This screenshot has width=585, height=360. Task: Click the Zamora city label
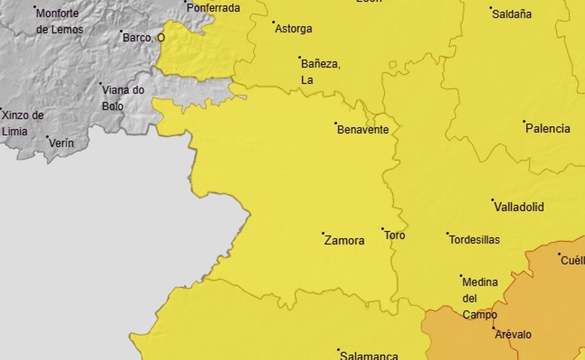(x=344, y=240)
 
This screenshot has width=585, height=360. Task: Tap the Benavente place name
(x=363, y=130)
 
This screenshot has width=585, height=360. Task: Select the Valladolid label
(x=519, y=207)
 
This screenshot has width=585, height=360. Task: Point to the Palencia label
(x=548, y=128)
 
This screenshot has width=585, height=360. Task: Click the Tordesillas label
(x=474, y=240)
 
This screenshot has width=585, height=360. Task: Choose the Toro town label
(x=395, y=235)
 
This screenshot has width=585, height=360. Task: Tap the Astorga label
(x=293, y=29)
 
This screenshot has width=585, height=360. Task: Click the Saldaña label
(x=512, y=14)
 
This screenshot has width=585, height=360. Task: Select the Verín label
(x=61, y=143)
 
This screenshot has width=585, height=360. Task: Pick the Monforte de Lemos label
(x=58, y=21)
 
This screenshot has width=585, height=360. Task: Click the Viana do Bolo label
(x=122, y=98)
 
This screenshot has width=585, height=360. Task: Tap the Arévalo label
(x=513, y=334)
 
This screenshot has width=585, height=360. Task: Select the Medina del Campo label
(x=480, y=298)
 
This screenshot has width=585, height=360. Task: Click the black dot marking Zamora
(x=323, y=233)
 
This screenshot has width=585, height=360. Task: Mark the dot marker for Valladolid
(x=492, y=200)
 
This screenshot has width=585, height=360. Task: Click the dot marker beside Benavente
(x=336, y=123)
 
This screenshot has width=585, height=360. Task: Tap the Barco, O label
(x=143, y=38)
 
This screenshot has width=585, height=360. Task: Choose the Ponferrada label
(x=213, y=8)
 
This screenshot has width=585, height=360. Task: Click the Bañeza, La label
(x=320, y=72)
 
